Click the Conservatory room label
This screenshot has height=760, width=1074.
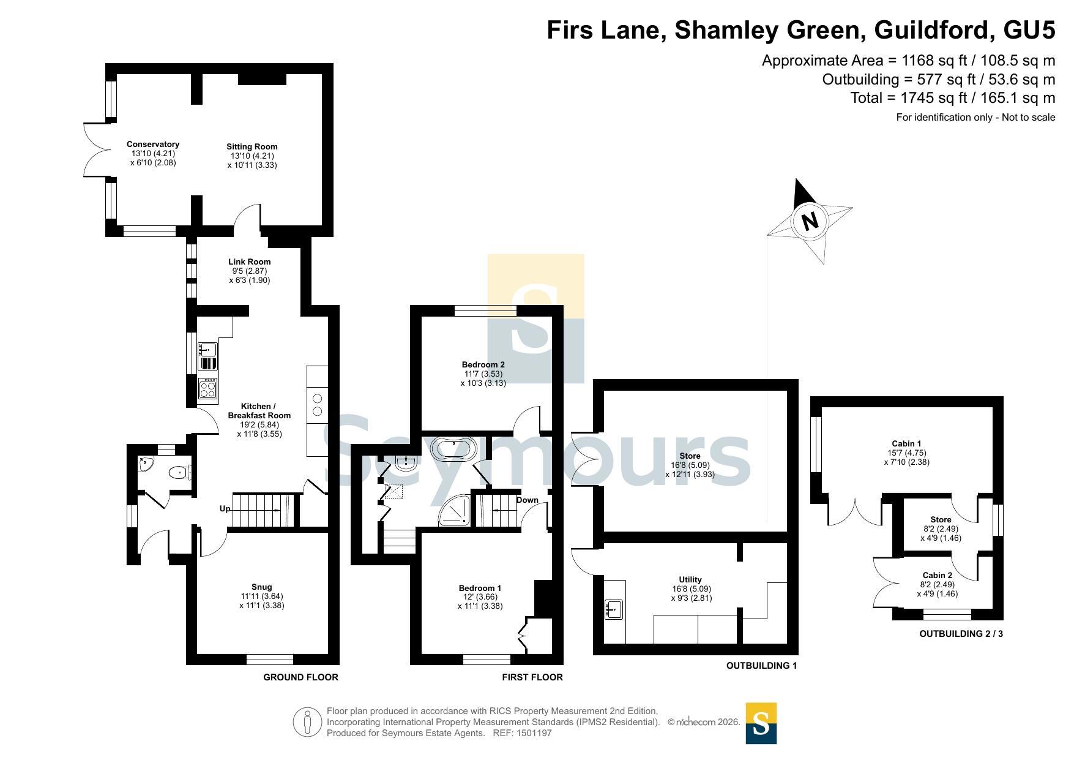pos(153,145)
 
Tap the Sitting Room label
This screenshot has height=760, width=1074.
pos(252,147)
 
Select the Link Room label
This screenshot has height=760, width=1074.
pos(250,262)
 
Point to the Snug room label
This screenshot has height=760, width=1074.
pos(262,587)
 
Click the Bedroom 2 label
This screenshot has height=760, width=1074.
pos(483,365)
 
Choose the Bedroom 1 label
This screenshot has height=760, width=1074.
pos(480,589)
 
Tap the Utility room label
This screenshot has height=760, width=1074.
pos(690,580)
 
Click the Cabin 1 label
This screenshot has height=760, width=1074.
pos(907,444)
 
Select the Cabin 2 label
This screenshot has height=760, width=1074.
pos(938,576)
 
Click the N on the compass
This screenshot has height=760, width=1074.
pos(810,220)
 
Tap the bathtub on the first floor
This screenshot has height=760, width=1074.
pos(454,448)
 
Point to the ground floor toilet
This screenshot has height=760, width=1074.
pos(181,473)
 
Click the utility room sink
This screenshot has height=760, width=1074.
pos(614,609)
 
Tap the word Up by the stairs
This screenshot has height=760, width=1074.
pos(225,509)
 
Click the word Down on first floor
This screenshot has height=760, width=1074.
pos(528,500)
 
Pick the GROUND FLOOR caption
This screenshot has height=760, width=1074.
pos(300,677)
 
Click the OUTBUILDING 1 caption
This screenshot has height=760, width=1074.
pos(761,666)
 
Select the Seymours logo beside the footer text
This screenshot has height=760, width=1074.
pos(761,723)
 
